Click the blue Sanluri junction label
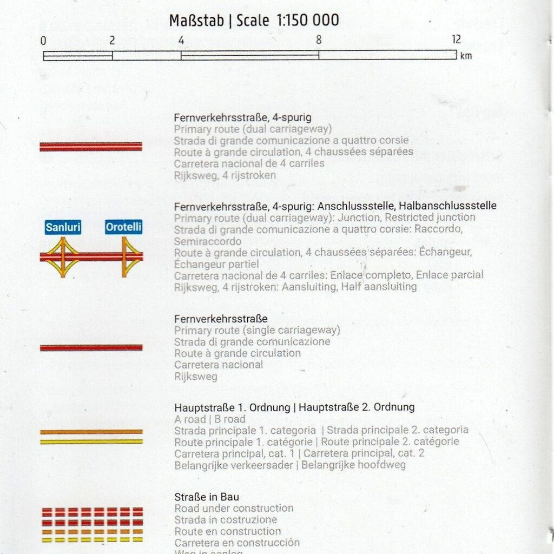pyautogui.click(x=63, y=227)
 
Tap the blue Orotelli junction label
pyautogui.click(x=124, y=227)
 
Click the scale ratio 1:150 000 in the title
pyautogui.click(x=308, y=21)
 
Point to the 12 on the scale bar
pyautogui.click(x=456, y=39)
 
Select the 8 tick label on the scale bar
pyautogui.click(x=319, y=39)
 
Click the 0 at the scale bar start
pyautogui.click(x=43, y=41)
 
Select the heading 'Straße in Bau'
pyautogui.click(x=207, y=497)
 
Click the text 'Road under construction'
pyautogui.click(x=234, y=508)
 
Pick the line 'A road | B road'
pyautogui.click(x=209, y=419)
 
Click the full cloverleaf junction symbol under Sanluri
pyautogui.click(x=63, y=256)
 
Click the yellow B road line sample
pyautogui.click(x=91, y=441)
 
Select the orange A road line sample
pyautogui.click(x=91, y=432)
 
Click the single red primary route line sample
pyautogui.click(x=91, y=347)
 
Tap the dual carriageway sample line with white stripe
pyautogui.click(x=91, y=146)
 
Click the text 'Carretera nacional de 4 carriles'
pyautogui.click(x=249, y=163)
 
